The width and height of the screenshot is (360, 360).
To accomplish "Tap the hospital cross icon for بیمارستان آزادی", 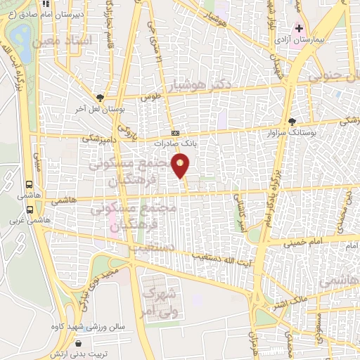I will [299, 29].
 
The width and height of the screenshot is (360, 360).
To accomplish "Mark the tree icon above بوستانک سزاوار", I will [292, 120].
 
